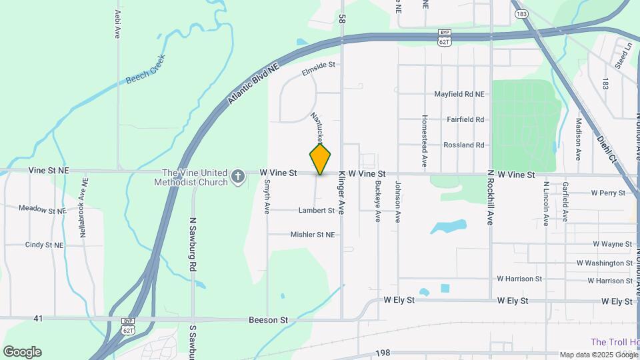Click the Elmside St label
click(x=318, y=67)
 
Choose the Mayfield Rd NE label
click(x=459, y=95)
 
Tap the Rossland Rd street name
click(x=464, y=145)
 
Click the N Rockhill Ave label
click(x=489, y=197)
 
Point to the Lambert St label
click(x=316, y=211)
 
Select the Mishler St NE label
click(x=312, y=235)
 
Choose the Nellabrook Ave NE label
click(x=85, y=203)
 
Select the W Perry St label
click(x=608, y=193)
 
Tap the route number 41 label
click(x=38, y=319)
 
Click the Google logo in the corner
click(x=22, y=352)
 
